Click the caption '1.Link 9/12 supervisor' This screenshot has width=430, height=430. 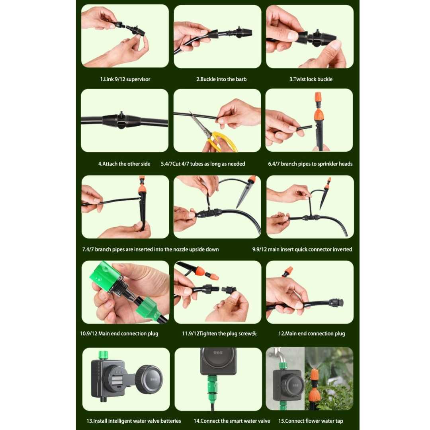point(125,79)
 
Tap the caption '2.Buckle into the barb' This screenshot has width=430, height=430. point(221,79)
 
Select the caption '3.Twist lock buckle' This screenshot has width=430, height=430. point(311,79)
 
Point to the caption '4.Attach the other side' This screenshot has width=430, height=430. point(124,164)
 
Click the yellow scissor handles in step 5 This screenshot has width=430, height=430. point(222,141)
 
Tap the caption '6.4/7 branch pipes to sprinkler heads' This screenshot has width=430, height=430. point(310,164)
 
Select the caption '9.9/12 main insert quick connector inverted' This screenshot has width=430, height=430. point(302,249)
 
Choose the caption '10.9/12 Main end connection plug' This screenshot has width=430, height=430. point(119,334)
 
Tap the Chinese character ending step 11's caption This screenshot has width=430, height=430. point(254,334)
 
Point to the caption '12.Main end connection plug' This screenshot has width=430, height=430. point(311,334)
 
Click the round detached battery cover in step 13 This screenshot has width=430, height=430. point(150,379)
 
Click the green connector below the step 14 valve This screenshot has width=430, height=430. point(212,387)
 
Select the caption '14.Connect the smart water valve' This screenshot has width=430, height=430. point(232,421)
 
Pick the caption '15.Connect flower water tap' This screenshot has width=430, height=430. point(311,421)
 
